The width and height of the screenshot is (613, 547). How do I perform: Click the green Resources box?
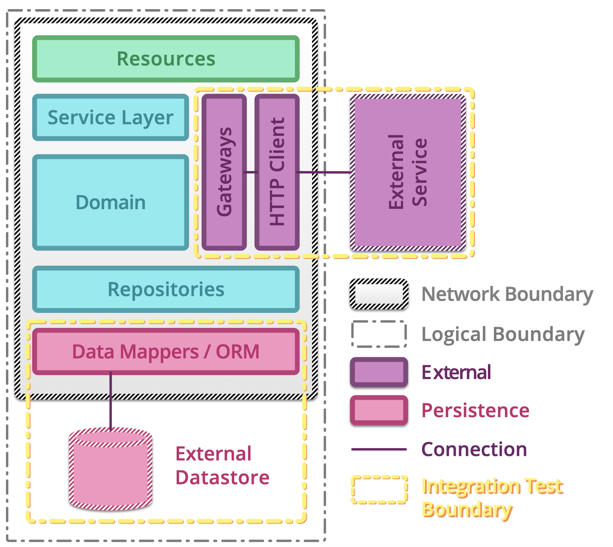pos(166,59)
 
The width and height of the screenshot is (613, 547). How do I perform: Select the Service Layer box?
pos(110,117)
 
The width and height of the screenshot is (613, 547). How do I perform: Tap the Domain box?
pos(110,202)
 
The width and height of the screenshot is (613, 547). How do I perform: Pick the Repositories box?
pos(166,289)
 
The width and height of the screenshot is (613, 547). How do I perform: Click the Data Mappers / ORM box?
pos(166,352)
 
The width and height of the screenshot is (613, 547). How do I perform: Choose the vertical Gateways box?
pos(224,172)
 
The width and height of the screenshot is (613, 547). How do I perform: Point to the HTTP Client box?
pos(277,172)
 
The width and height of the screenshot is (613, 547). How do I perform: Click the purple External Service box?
pos(408,172)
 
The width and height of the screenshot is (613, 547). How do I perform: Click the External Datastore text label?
pos(222,466)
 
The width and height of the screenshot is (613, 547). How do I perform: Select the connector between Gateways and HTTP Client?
pos(251,172)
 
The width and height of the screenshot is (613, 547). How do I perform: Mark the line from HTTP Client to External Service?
pos(324,172)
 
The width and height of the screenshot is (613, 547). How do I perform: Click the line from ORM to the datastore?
pos(111,401)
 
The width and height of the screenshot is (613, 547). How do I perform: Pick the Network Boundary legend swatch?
pos(379,294)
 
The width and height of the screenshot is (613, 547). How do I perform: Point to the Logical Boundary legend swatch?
pos(379,334)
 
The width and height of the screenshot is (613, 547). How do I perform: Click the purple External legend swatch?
pos(379,372)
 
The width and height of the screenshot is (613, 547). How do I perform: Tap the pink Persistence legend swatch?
pos(379,410)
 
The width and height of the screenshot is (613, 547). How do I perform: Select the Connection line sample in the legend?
pos(379,449)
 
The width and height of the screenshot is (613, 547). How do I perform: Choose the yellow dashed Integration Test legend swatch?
pos(379,489)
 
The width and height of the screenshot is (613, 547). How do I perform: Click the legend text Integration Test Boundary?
pos(492,497)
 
